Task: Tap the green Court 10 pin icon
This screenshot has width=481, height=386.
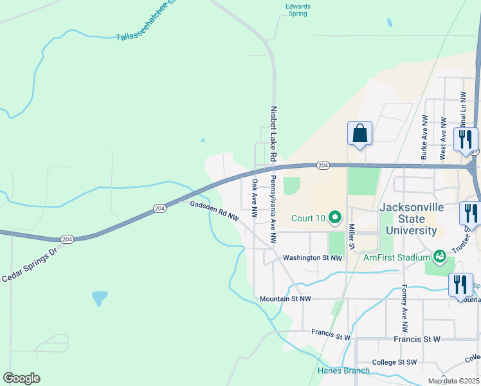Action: [334, 218]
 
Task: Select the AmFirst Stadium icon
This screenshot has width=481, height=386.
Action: [440, 257]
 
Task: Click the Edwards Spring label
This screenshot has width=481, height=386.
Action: [298, 10]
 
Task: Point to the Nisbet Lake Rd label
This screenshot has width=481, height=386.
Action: [273, 134]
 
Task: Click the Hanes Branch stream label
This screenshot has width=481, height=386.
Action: [343, 371]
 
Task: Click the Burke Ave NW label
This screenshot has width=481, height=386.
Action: [424, 138]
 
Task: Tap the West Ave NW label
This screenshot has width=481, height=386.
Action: [443, 138]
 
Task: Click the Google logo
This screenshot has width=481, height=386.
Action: [22, 378]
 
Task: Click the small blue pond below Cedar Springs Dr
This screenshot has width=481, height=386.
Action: [100, 298]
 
